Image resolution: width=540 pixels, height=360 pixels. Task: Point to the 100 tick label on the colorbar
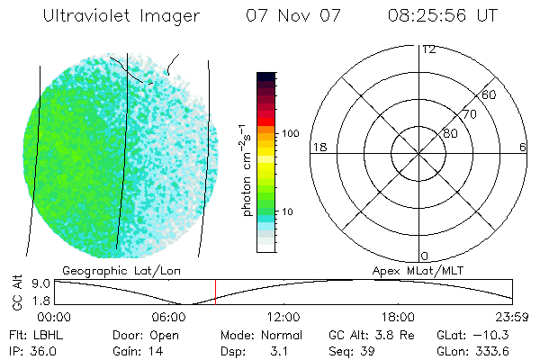pos(290,133)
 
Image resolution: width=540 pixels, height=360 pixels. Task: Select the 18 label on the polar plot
pos(318,147)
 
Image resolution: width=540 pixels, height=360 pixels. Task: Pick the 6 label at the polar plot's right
pos(523,147)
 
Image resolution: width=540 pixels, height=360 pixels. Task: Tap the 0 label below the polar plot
pos(425,256)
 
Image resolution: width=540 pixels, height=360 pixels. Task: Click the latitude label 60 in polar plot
pos(490,94)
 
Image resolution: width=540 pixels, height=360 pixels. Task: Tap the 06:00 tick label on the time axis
pos(169,318)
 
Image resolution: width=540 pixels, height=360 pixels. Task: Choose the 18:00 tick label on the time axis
pos(398,318)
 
